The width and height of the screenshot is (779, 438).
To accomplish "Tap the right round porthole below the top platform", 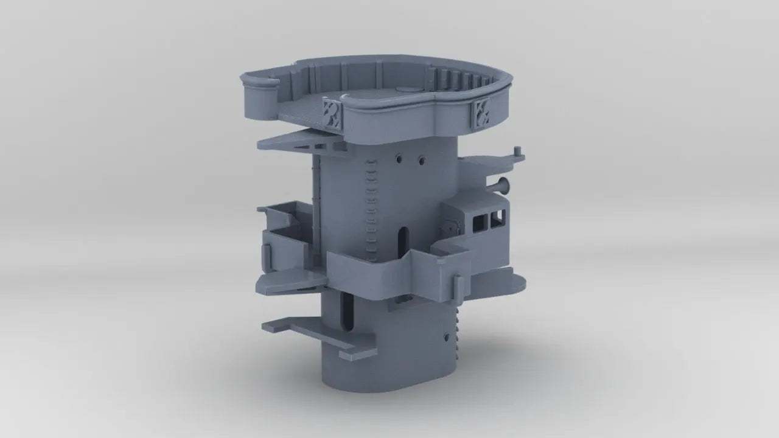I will point(421,161).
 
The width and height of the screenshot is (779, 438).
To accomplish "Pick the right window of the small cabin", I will point(498,216).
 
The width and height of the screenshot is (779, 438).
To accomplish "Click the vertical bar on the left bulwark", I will point(267,258).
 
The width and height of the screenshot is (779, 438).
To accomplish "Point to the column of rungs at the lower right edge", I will point(458,328).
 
